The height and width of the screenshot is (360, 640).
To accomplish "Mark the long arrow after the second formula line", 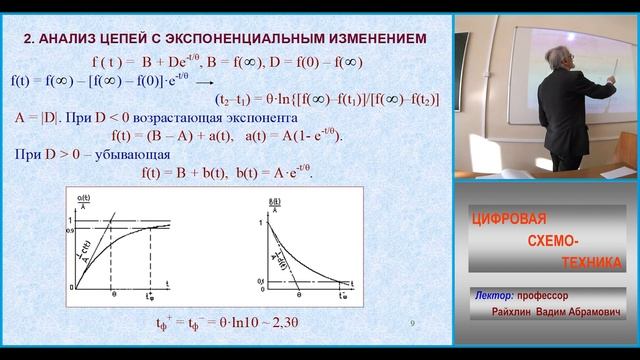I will coord(200,82).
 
